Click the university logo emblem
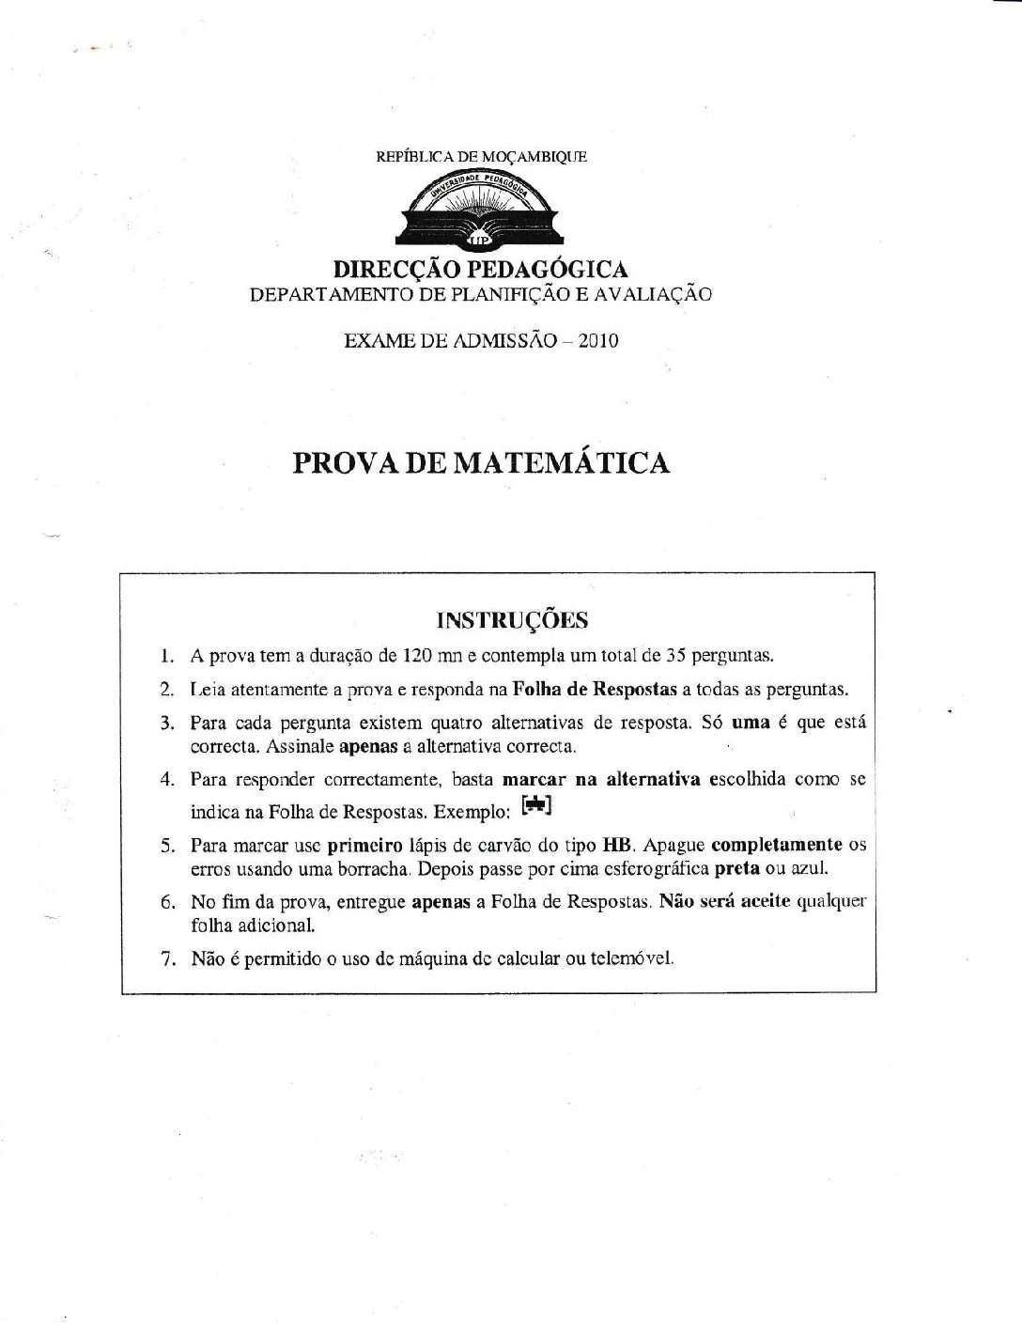(481, 210)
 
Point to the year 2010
(598, 341)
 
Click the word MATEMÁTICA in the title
(562, 463)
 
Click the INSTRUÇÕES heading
(513, 620)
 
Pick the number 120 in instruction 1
(417, 656)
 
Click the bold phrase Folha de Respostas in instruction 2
(595, 690)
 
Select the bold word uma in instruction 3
(751, 723)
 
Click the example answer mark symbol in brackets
(536, 804)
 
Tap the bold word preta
(736, 868)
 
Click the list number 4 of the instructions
(168, 780)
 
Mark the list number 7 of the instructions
(168, 959)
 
